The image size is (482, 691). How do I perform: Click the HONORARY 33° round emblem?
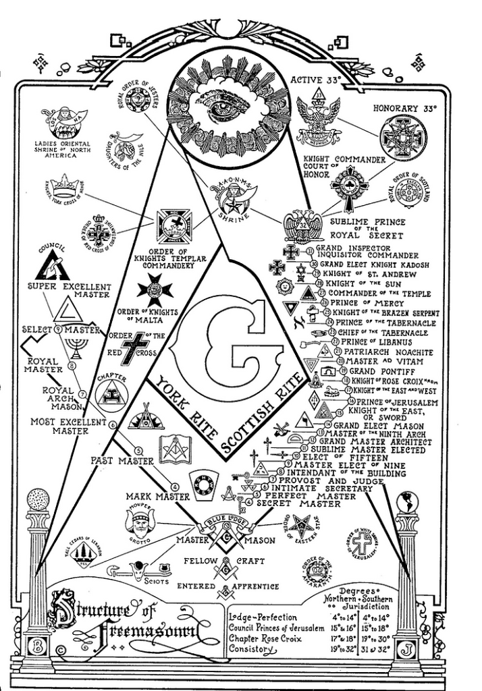pos(403,137)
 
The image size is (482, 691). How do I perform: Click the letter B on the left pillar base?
pos(38,647)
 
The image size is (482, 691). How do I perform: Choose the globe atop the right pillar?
pos(408,500)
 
